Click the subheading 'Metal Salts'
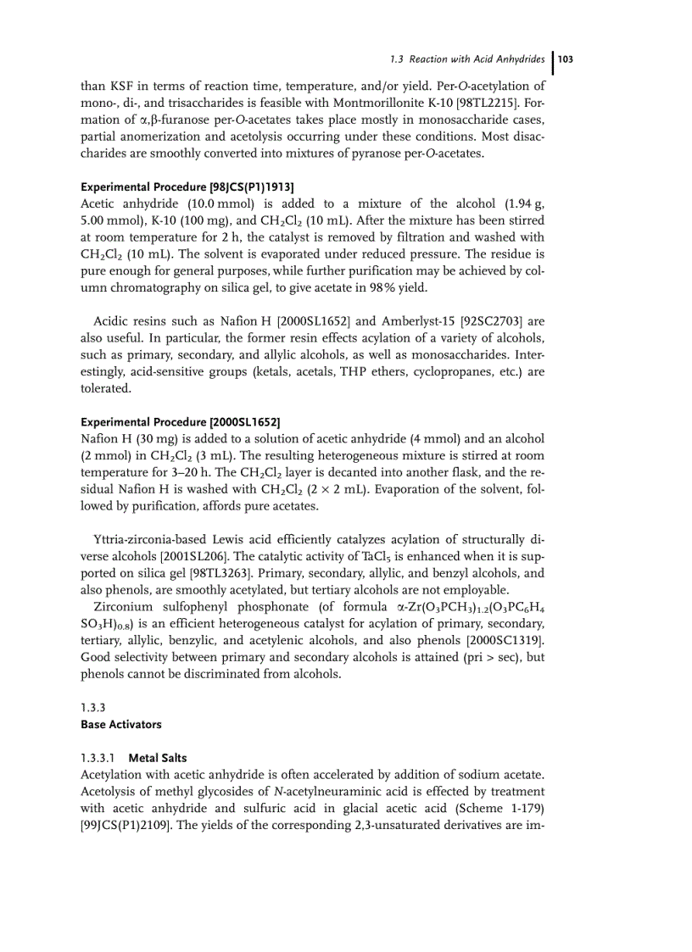pyautogui.click(x=158, y=757)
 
